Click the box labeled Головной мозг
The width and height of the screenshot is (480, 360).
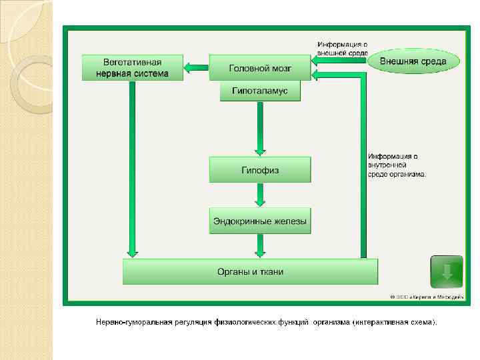tap(260, 67)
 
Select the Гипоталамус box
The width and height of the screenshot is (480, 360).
tap(260, 91)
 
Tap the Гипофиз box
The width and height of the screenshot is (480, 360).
tap(260, 169)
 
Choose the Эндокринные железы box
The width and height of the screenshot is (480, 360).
tap(260, 220)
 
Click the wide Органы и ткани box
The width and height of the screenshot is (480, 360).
tap(250, 271)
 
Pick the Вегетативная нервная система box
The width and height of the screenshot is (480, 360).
tap(132, 67)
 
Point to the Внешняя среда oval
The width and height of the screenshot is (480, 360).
tap(413, 61)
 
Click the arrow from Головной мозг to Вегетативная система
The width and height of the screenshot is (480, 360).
tap(196, 67)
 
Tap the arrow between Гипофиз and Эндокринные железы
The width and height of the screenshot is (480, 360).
tap(260, 195)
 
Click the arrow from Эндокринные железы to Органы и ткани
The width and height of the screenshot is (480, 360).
tap(260, 245)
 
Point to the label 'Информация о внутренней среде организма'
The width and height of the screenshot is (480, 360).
tap(397, 165)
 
